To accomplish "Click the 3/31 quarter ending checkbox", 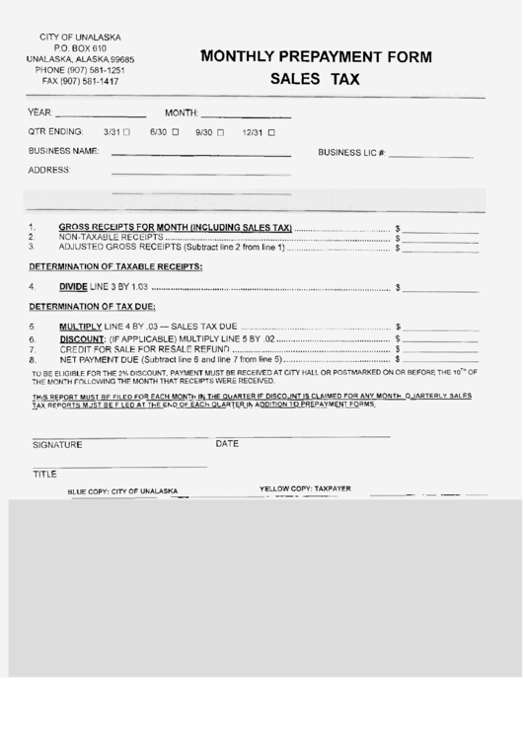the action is (x=126, y=131).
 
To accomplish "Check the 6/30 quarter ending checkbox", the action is (x=176, y=131).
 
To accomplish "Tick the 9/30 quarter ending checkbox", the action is (x=221, y=131).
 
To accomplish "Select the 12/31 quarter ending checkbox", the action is (x=272, y=131).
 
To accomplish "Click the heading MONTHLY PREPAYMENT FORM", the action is (x=316, y=57).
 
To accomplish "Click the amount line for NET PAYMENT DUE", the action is (x=440, y=360).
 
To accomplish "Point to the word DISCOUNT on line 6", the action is (x=82, y=338).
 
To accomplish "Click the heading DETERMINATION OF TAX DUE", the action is (x=92, y=307).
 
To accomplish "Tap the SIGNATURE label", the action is (x=57, y=445).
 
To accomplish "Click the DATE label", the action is (x=228, y=444).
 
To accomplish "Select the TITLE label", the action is (x=45, y=475).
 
